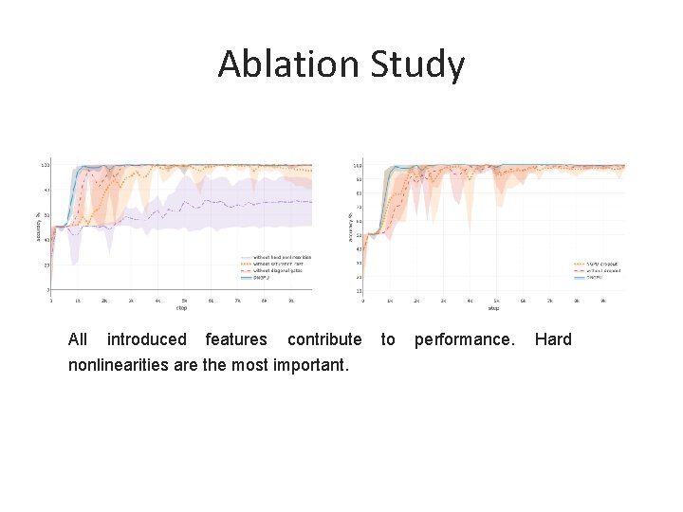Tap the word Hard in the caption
pos(553,339)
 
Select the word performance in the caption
pos(464,339)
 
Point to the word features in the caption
pos(236,339)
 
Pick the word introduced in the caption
pos(146,339)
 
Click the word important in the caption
pos(312,365)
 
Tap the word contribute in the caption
pos(323,339)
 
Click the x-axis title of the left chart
pos(181,307)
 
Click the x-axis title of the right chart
pos(493,307)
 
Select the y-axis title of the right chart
pos(352,228)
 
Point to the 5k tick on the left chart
pos(184,300)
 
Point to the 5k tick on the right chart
pos(496,300)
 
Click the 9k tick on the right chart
pos(602,300)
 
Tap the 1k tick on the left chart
pos(78,300)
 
